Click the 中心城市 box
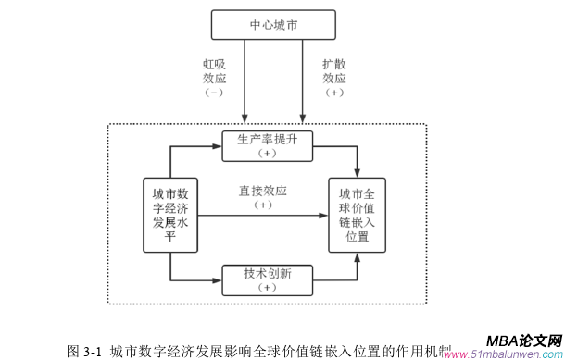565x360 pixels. pyautogui.click(x=271, y=25)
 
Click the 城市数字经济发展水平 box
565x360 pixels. pyautogui.click(x=170, y=215)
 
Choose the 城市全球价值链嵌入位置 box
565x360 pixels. pyautogui.click(x=358, y=215)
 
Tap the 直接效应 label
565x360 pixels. pyautogui.click(x=262, y=191)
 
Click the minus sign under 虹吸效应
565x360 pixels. pyautogui.click(x=215, y=93)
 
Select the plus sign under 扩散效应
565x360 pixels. pyautogui.click(x=334, y=93)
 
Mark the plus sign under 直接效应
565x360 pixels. pyautogui.click(x=262, y=205)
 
